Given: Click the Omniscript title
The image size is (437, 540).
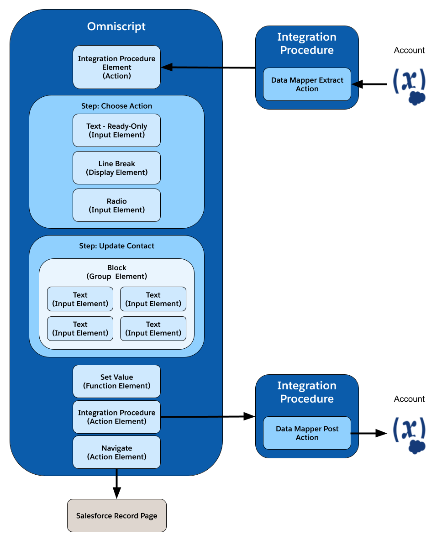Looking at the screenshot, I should (x=116, y=26).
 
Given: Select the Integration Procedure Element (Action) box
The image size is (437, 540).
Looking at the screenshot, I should (x=116, y=67).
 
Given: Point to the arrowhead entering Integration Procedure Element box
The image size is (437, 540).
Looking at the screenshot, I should (x=167, y=67).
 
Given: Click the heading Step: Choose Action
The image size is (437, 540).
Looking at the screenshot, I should (x=116, y=106).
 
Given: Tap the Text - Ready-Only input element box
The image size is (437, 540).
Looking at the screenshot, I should (x=116, y=131).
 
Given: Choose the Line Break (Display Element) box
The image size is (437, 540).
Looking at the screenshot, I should (x=116, y=168).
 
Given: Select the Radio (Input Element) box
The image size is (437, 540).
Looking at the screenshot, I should (x=116, y=205).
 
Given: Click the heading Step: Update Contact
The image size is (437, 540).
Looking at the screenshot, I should (x=116, y=246).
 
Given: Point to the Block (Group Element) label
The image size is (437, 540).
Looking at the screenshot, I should (x=116, y=272).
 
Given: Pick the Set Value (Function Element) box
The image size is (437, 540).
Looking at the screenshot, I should (x=116, y=381).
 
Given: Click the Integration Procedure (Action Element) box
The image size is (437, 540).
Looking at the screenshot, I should (x=116, y=417).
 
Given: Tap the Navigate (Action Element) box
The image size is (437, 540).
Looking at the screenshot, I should (x=116, y=452).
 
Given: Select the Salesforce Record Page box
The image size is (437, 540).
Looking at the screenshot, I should (x=116, y=515).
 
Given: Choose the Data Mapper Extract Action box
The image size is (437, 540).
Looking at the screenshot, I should (x=307, y=84).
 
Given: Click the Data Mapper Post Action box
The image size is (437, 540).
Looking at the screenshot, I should (x=307, y=433).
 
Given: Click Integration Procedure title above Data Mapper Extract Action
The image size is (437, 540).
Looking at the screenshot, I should (x=307, y=43).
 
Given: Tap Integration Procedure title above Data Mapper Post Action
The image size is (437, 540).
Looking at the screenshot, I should (x=307, y=392).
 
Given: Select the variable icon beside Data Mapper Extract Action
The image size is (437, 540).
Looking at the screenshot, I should (x=410, y=86).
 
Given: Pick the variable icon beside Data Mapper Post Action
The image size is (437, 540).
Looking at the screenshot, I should (x=410, y=435).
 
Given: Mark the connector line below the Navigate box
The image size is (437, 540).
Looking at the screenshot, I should (x=116, y=472).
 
